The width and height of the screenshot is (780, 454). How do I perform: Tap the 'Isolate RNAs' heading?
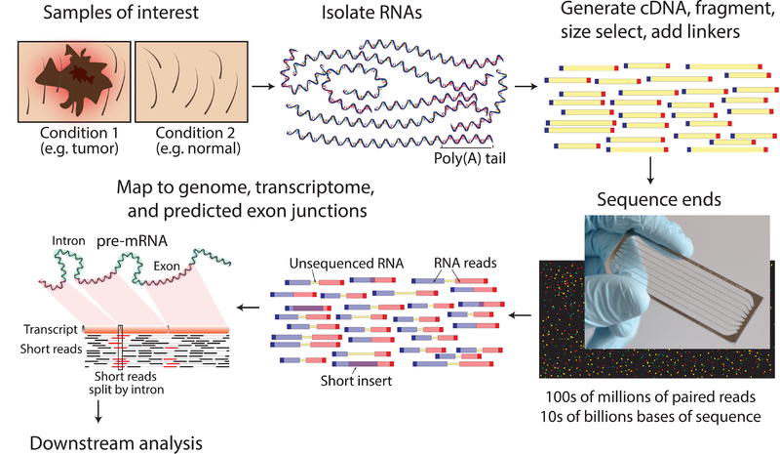(x=378, y=14)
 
